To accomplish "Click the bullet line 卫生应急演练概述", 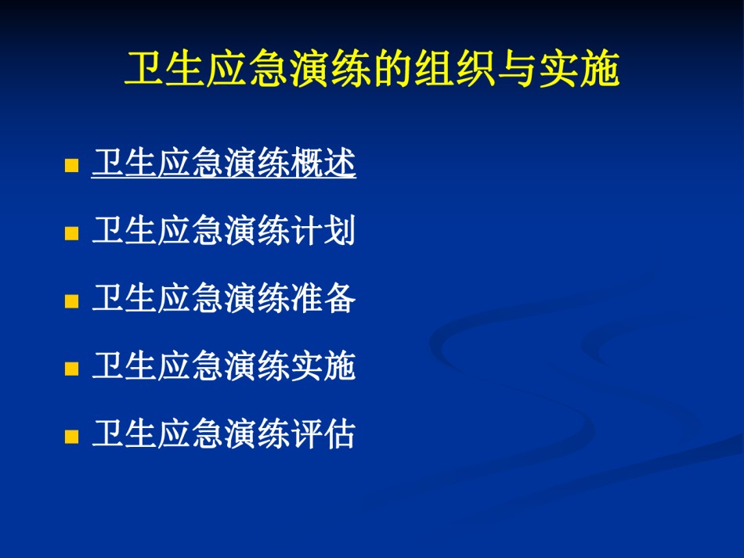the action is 223,163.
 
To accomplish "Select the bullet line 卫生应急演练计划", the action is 223,230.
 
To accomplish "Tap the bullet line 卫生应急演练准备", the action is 223,298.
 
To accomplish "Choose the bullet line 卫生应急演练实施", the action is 223,366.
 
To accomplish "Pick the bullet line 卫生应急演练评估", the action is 223,434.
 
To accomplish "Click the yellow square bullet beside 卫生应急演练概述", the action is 71,165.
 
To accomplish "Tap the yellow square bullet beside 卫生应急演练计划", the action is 71,233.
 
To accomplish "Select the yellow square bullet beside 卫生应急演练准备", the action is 71,301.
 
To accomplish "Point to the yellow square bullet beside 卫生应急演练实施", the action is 71,369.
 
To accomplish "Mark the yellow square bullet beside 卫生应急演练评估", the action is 71,437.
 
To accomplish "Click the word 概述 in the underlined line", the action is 323,163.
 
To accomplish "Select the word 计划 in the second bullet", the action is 323,230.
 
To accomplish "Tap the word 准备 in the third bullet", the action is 323,298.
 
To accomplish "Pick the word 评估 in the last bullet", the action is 323,434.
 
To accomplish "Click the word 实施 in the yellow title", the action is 580,69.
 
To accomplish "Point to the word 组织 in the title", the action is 455,69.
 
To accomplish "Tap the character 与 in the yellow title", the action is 517,69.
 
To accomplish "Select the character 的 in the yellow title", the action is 393,69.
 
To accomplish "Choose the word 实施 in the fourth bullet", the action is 323,366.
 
